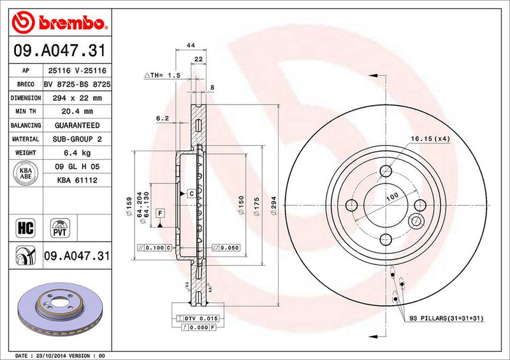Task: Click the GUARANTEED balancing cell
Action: [76, 126]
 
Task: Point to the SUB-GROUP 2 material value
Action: [76, 139]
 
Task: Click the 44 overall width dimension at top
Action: [191, 45]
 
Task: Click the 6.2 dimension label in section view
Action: [162, 118]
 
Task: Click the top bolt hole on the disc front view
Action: [385, 171]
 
